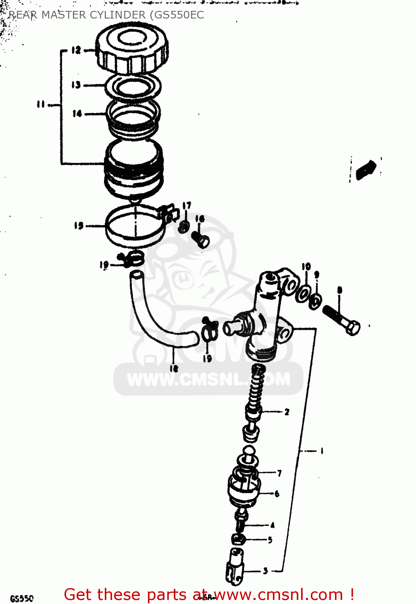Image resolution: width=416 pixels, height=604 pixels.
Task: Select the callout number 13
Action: click(x=76, y=85)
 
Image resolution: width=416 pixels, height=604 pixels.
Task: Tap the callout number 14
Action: click(x=77, y=114)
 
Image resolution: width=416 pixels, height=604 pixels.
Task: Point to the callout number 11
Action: click(x=41, y=104)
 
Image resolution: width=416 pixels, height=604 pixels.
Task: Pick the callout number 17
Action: click(x=186, y=206)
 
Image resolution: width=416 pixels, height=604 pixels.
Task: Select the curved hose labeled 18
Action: click(x=161, y=318)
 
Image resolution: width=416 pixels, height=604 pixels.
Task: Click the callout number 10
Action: click(x=306, y=267)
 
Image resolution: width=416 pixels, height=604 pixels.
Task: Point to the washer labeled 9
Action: click(x=315, y=300)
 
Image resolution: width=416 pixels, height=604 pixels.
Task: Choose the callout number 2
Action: click(x=287, y=412)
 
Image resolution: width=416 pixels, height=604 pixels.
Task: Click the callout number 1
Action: click(x=321, y=451)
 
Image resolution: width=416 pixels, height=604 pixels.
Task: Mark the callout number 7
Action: click(x=279, y=473)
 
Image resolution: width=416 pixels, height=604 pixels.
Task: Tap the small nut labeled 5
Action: click(x=238, y=539)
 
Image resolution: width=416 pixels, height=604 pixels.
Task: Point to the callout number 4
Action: click(x=272, y=525)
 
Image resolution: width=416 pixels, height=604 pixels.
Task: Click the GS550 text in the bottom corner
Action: click(x=22, y=598)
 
